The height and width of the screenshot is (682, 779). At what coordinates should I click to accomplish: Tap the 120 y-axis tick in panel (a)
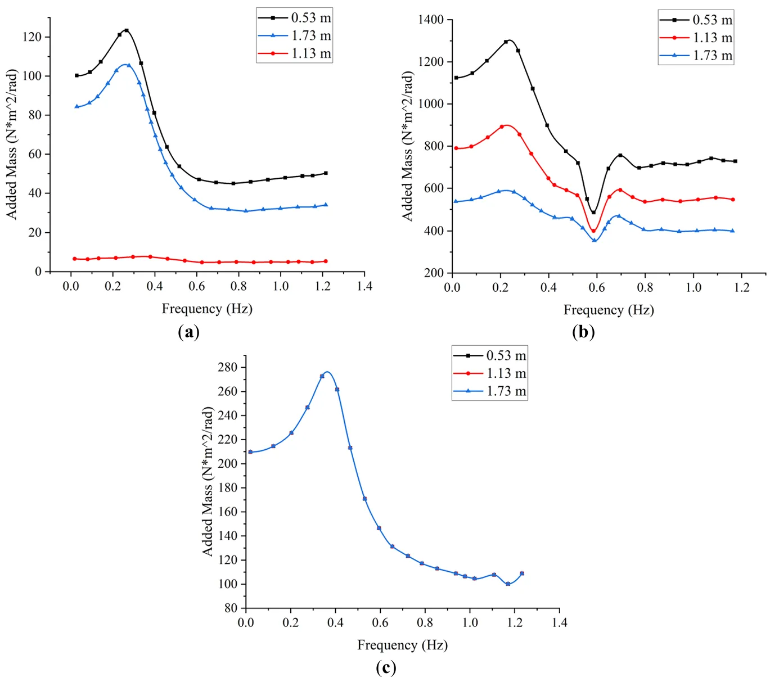pos(32,37)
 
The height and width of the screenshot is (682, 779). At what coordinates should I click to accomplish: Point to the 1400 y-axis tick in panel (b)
pos(431,20)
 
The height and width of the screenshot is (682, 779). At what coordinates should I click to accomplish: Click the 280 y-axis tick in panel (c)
pos(228,368)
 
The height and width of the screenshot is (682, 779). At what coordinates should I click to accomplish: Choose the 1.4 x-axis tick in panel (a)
pos(364,286)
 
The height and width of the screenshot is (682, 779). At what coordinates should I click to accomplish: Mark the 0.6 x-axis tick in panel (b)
pos(597,287)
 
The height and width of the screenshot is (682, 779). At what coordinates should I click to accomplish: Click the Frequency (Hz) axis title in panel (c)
pos(402,645)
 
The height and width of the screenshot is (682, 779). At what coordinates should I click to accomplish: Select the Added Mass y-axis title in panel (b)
pos(407,146)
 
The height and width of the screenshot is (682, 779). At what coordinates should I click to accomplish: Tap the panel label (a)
pos(188,332)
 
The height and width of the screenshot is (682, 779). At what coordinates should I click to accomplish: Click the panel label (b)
pos(583,332)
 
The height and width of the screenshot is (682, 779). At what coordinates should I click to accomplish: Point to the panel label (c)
pos(386,668)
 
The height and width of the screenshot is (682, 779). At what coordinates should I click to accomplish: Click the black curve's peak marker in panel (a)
pos(127,30)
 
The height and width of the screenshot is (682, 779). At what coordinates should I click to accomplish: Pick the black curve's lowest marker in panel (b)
pos(593,213)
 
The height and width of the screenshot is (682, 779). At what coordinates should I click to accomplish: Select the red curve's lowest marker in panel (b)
pos(593,231)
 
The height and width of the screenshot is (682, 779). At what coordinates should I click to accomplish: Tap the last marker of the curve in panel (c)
pos(522,573)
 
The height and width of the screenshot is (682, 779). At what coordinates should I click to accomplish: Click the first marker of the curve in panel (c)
pos(250,452)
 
